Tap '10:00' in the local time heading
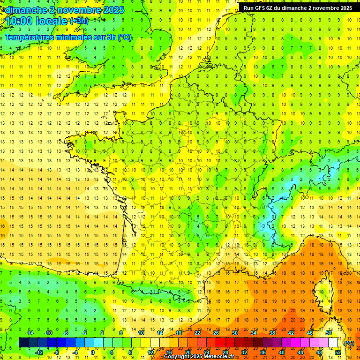coord(18,21)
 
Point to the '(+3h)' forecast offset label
coord(78,21)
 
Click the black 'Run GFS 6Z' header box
coord(298,8)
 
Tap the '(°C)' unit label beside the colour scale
coord(349,343)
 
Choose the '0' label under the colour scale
coord(93,352)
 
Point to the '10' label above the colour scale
coord(141,333)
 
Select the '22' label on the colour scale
coord(197,333)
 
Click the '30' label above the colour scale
coord(235,333)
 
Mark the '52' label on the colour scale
coord(337,352)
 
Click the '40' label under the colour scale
coord(281,352)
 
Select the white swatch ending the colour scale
coord(333,343)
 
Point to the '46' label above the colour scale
coord(310,333)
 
